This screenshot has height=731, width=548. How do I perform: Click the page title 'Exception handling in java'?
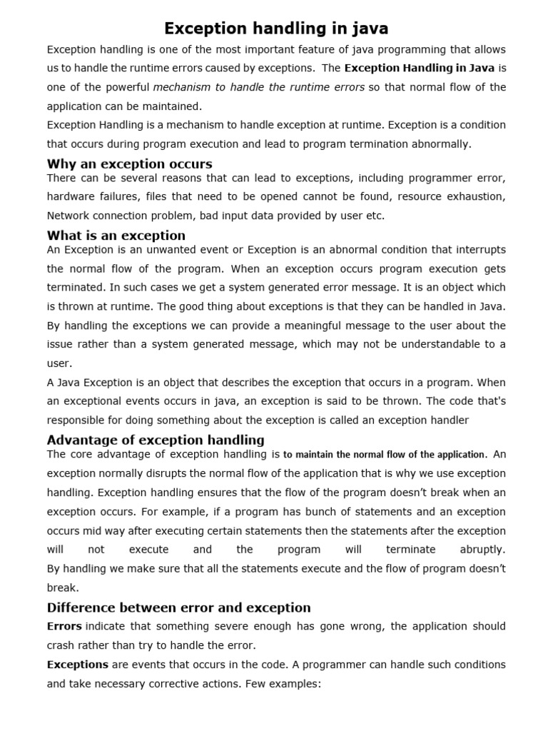276,29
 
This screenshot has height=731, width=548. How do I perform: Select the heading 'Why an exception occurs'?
129,163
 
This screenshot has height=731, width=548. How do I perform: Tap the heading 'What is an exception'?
116,235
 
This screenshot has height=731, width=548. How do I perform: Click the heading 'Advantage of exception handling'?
156,439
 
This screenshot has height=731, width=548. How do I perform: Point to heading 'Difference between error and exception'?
178,608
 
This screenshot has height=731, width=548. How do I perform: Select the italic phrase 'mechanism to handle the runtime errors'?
259,87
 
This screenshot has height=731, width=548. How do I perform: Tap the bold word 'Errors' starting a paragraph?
64,626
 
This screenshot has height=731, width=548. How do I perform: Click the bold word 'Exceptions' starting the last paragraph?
78,664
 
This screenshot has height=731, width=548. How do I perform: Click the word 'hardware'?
71,196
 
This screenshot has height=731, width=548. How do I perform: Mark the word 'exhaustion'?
477,196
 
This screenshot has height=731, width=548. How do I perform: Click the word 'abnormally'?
440,143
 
